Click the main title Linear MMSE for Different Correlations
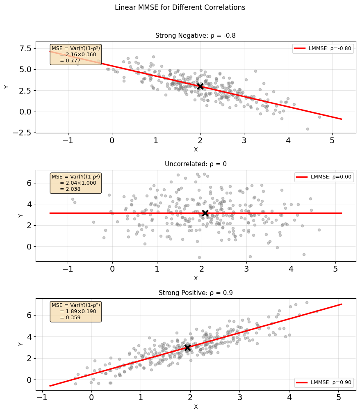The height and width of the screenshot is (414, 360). click(180, 7)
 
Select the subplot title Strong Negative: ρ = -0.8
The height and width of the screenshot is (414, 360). click(195, 35)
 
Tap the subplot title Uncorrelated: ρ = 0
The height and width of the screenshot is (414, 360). click(196, 164)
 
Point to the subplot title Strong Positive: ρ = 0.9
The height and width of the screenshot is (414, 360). click(196, 293)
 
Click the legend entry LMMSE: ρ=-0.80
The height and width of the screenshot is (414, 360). click(323, 48)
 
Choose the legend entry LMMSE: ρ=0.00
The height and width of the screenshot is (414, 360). click(324, 177)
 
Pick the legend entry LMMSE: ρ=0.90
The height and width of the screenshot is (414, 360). click(324, 382)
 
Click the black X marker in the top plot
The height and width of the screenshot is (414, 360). click(201, 86)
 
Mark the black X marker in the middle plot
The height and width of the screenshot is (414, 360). click(205, 213)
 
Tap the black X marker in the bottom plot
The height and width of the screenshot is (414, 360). click(187, 348)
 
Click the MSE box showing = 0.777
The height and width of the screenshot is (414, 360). click(76, 55)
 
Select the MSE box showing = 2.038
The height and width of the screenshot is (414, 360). click(76, 183)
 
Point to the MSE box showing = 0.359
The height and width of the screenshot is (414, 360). click(76, 311)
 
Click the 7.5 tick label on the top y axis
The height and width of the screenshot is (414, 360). click(25, 48)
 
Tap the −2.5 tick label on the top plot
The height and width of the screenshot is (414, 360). click(22, 133)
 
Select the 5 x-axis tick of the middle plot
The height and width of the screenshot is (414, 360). click(335, 269)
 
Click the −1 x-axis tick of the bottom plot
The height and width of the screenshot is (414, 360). click(42, 397)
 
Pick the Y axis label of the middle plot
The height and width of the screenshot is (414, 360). click(21, 216)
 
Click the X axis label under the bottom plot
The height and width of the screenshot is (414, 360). click(196, 407)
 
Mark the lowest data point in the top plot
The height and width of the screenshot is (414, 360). click(308, 129)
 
